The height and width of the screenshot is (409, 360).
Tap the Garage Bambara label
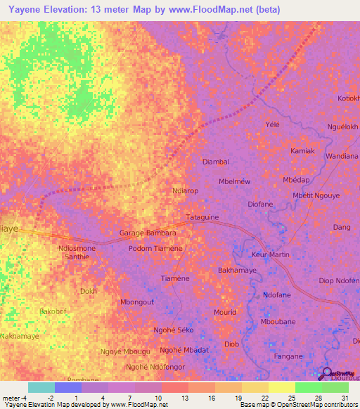[148, 233]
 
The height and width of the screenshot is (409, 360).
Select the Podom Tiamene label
[155, 248]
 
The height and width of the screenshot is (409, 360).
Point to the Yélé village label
[272, 124]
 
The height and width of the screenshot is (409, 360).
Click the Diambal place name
[216, 162]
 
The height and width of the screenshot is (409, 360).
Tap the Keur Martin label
[271, 254]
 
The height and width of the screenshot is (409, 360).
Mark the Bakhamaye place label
[237, 270]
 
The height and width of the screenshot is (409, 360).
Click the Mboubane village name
[278, 321]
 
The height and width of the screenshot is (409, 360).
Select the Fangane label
[288, 356]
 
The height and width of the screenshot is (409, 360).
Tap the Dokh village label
[88, 290]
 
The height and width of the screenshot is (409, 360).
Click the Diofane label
[260, 204]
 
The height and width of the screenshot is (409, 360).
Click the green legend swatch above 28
[308, 387]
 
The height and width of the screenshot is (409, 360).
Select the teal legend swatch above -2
[41, 387]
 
